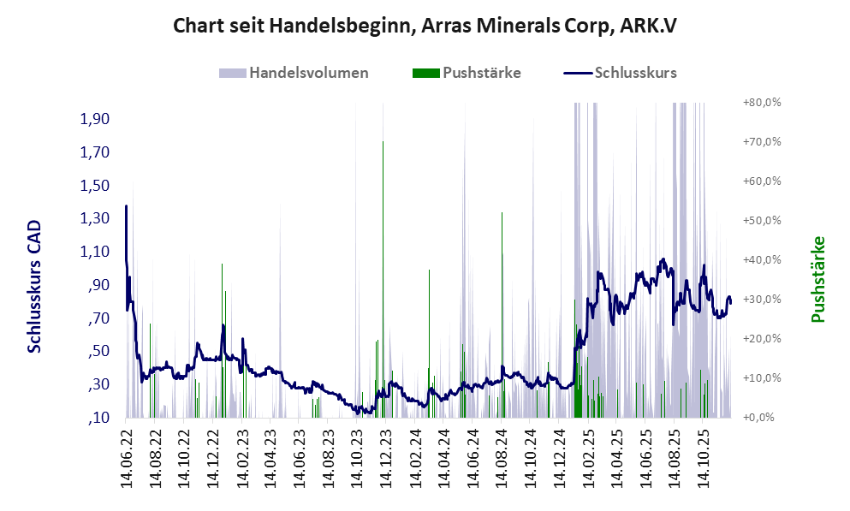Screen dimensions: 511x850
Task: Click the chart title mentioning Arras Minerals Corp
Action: pyautogui.click(x=425, y=25)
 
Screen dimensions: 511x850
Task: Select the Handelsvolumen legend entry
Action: pyautogui.click(x=308, y=73)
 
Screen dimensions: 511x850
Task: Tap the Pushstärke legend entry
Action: pyautogui.click(x=481, y=73)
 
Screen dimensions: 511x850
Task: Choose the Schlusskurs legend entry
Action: pyautogui.click(x=634, y=73)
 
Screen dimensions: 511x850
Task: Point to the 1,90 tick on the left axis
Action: pyautogui.click(x=95, y=119)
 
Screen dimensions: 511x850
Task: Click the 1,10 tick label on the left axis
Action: pyautogui.click(x=95, y=252)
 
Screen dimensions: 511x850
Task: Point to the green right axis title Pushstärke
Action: pyautogui.click(x=817, y=279)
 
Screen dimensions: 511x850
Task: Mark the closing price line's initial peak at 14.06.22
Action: pyautogui.click(x=127, y=207)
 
